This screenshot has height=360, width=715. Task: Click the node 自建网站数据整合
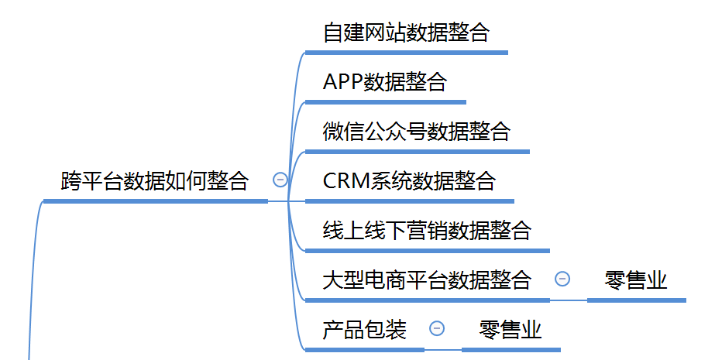[x=406, y=33]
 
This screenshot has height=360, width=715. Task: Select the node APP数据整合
[x=384, y=82]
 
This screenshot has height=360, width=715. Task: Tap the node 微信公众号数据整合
[x=417, y=132]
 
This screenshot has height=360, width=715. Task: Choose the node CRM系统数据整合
[x=408, y=181]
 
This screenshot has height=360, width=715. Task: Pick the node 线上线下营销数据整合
[x=427, y=231]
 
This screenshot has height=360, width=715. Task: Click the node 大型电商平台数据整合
[x=427, y=280]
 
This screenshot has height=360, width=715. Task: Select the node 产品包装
[x=364, y=330]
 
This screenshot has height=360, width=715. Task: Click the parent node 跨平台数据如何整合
[x=155, y=181]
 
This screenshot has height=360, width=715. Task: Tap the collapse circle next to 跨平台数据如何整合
[x=280, y=180]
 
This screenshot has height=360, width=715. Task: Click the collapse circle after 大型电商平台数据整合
[x=563, y=279]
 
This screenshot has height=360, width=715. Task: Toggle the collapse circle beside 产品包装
[x=437, y=328]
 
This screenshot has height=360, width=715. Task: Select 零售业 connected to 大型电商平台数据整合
[x=636, y=280]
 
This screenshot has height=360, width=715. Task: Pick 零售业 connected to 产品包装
[x=510, y=330]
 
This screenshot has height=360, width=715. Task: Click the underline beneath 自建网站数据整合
[x=406, y=53]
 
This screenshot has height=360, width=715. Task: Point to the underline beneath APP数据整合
[x=385, y=102]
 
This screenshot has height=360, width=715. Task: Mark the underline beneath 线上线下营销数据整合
[x=427, y=250]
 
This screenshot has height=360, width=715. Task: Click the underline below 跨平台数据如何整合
[x=155, y=201]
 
